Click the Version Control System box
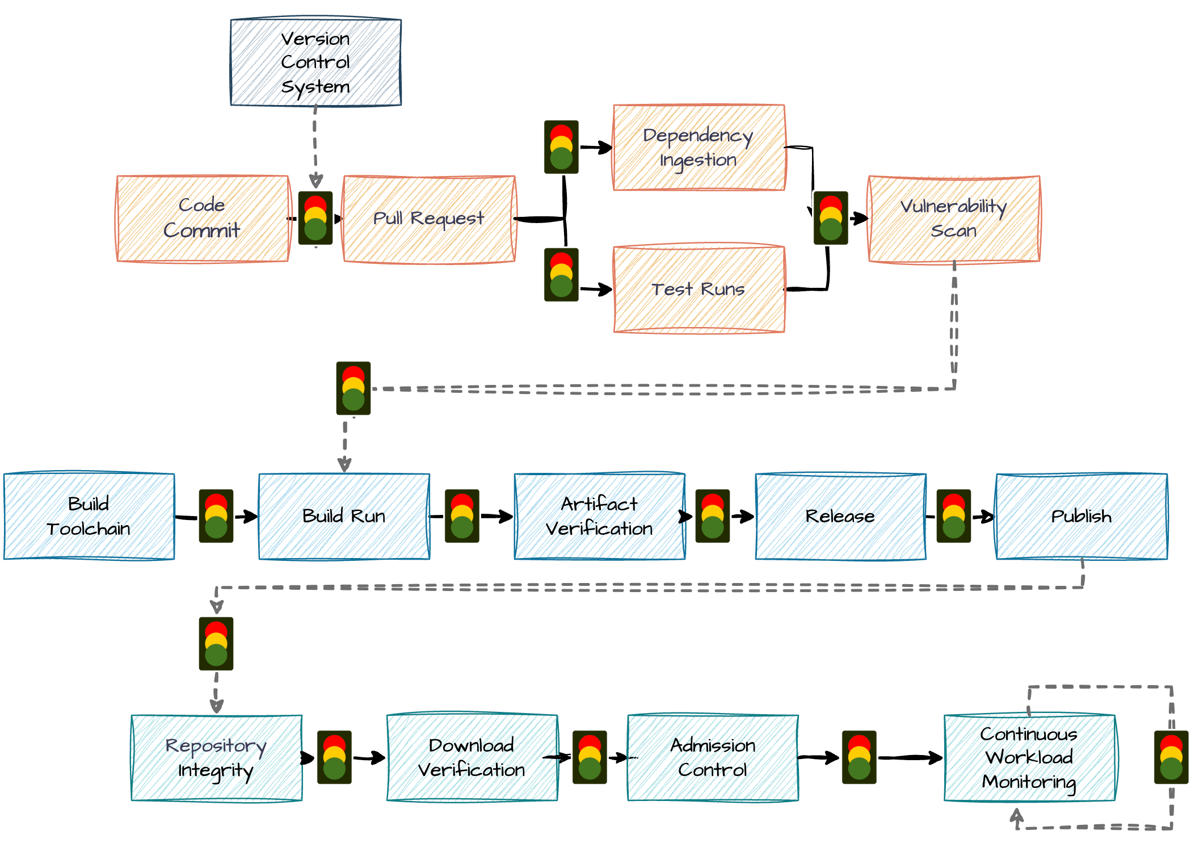(x=315, y=62)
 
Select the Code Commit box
(x=202, y=219)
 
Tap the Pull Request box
(x=429, y=219)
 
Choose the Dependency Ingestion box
(x=699, y=148)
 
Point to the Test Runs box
(x=699, y=290)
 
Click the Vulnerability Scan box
(x=954, y=219)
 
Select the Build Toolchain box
(x=89, y=516)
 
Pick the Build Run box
(x=344, y=516)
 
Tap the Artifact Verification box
(x=599, y=516)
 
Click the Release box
(x=840, y=516)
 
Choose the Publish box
(x=1082, y=516)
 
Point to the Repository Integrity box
(x=216, y=758)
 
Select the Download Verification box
(x=472, y=757)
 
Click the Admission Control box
(x=713, y=758)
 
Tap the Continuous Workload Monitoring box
(x=1029, y=758)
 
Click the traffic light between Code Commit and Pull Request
(x=315, y=218)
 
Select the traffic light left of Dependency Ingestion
(x=561, y=147)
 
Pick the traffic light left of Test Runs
(x=561, y=275)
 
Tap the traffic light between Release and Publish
(x=953, y=516)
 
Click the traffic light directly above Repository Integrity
(x=216, y=644)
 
